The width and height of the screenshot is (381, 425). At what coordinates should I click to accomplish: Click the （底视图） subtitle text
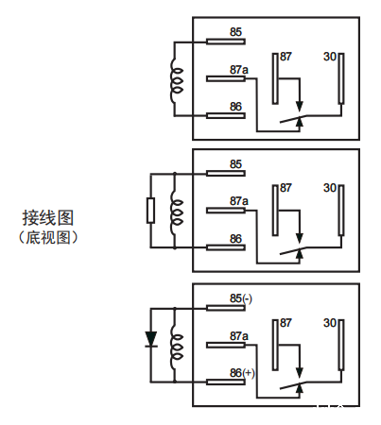pyautogui.click(x=49, y=237)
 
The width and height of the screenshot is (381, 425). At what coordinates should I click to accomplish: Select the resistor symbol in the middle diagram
pyautogui.click(x=150, y=210)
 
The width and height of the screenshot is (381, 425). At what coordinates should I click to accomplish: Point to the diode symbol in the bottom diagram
pyautogui.click(x=150, y=339)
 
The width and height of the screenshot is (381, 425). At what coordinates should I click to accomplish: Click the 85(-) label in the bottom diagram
pyautogui.click(x=241, y=298)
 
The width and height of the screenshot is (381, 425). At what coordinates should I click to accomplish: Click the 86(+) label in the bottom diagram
pyautogui.click(x=243, y=373)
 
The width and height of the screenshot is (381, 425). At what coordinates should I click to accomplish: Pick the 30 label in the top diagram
pyautogui.click(x=330, y=57)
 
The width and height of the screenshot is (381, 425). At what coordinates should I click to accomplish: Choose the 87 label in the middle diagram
pyautogui.click(x=286, y=189)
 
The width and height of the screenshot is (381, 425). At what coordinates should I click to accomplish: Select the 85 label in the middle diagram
pyautogui.click(x=235, y=164)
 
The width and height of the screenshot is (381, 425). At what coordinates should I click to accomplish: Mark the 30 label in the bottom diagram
pyautogui.click(x=330, y=323)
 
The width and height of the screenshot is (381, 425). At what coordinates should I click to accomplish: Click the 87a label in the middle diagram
pyautogui.click(x=238, y=201)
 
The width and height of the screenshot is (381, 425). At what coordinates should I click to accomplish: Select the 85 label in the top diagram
pyautogui.click(x=235, y=32)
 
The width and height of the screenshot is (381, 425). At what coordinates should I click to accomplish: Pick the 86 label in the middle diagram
pyautogui.click(x=235, y=239)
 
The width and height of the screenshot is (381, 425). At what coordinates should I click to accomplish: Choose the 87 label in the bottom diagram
pyautogui.click(x=286, y=323)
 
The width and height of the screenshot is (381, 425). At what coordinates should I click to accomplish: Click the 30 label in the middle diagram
pyautogui.click(x=330, y=189)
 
